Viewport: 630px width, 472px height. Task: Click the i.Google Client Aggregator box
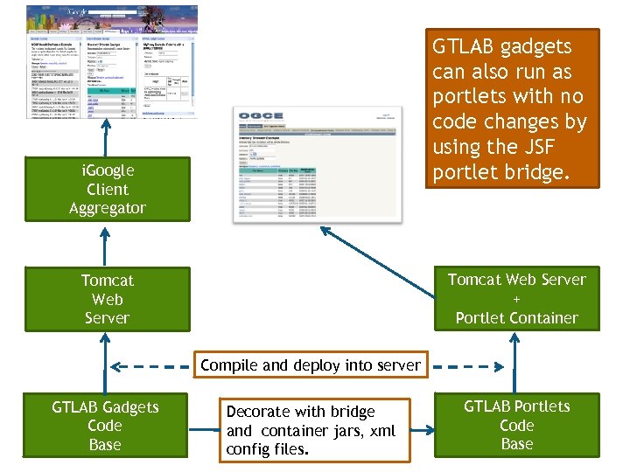pyautogui.click(x=107, y=189)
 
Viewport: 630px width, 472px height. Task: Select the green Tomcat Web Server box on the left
pyautogui.click(x=107, y=299)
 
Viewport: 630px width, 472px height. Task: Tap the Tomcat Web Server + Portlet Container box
pyautogui.click(x=516, y=299)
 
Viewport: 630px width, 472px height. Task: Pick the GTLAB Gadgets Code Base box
pyautogui.click(x=105, y=426)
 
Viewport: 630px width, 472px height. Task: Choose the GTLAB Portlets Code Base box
pyautogui.click(x=516, y=426)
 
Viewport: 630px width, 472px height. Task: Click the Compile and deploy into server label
pyautogui.click(x=310, y=365)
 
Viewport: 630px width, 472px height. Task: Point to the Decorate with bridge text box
pyautogui.click(x=315, y=430)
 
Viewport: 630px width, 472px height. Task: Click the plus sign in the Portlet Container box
pyautogui.click(x=516, y=299)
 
